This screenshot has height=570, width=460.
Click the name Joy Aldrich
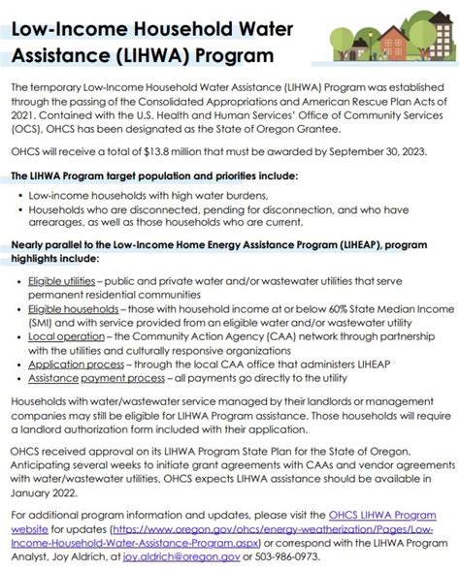(x=79, y=557)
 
